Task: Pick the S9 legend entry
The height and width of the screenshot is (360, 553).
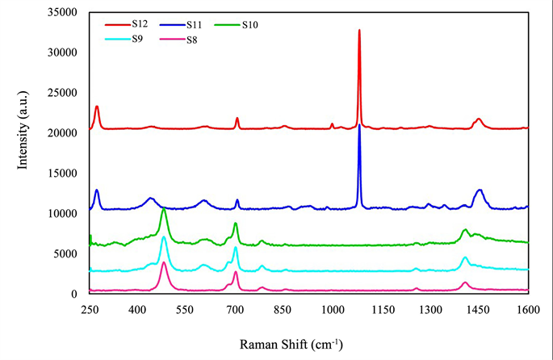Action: pos(139,39)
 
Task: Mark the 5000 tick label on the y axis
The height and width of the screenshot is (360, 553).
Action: pos(68,254)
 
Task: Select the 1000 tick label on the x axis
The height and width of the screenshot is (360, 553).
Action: pos(332,309)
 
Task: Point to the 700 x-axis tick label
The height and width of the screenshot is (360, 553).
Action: pos(235,309)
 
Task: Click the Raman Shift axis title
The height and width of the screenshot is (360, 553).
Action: pos(291,344)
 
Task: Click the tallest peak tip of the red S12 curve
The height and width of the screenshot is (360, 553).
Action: pos(359,30)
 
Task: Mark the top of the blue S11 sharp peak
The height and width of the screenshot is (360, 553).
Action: pos(359,125)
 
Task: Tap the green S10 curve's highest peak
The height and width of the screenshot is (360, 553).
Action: pos(164,209)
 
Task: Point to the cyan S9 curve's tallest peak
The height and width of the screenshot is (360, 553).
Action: pos(164,237)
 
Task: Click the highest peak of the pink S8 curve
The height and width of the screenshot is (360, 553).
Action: pos(164,262)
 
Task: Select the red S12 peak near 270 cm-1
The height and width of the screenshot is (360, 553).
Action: pos(97,106)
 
